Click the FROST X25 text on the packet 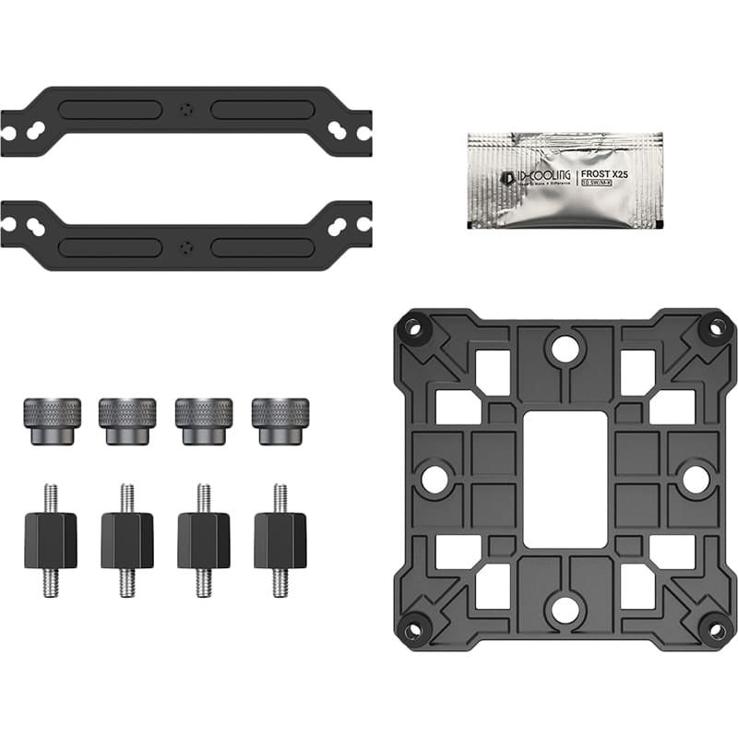coord(605,172)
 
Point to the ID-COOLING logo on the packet coord(526,173)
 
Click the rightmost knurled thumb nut coord(280,421)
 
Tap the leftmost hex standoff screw coord(51,541)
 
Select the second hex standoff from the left coord(127,541)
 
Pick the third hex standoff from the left coord(204,541)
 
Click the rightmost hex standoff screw coord(280,541)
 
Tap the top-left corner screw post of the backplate coord(413,328)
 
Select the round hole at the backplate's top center coord(565,348)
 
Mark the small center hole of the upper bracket coord(188,108)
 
